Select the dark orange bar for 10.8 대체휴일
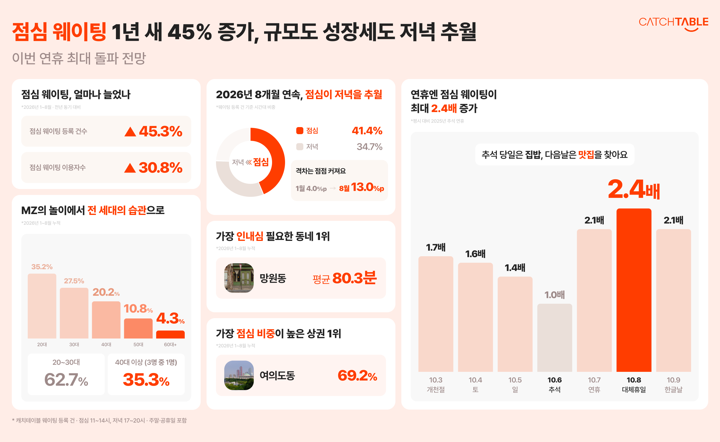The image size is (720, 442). coord(634,290)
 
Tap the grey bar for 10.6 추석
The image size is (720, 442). coord(554,338)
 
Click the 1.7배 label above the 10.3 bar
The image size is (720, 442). coord(436,247)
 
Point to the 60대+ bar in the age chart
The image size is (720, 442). coord(170,334)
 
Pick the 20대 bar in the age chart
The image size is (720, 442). coord(42,306)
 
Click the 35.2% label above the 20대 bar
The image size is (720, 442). coord(42,267)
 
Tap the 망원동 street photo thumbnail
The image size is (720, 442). coord(239,278)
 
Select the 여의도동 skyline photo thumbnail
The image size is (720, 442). coord(239,375)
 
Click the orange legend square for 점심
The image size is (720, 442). coord(300,131)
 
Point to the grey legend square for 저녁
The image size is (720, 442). coord(300,147)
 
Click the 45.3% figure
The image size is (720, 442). coord(161,132)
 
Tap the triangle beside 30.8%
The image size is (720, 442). coord(130,168)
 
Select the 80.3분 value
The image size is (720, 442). coord(354,278)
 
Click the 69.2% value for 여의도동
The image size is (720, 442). coord(357,376)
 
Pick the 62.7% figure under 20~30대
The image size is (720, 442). coord(66,380)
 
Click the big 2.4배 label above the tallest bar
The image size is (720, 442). coord(634,189)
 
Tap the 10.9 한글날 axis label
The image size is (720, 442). coord(673,385)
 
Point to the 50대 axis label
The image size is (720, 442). coord(138,344)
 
